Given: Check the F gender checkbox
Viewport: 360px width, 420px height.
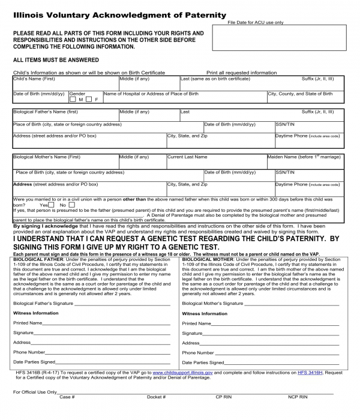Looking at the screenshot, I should [89, 100].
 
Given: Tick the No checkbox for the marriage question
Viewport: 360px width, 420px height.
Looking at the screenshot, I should [71, 205].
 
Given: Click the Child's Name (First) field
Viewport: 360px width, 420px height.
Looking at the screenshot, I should [65, 85].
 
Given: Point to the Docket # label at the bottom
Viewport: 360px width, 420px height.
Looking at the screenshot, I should [156, 397].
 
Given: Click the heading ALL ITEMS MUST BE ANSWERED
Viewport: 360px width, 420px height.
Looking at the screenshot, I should [56, 60].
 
